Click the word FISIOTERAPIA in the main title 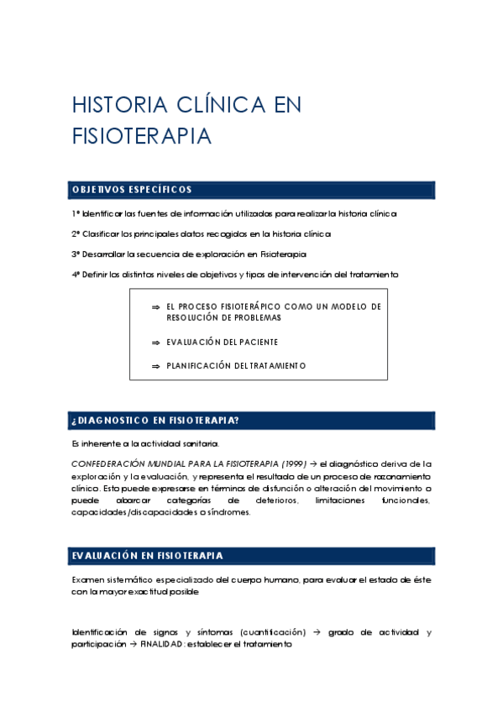[x=141, y=137]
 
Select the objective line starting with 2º [x=201, y=233]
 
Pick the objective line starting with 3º [x=188, y=254]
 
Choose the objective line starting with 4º [x=234, y=275]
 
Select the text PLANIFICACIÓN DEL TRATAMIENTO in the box [x=236, y=366]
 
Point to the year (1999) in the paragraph [x=293, y=463]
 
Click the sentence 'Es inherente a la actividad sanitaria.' [x=145, y=442]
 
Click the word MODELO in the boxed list [x=344, y=307]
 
